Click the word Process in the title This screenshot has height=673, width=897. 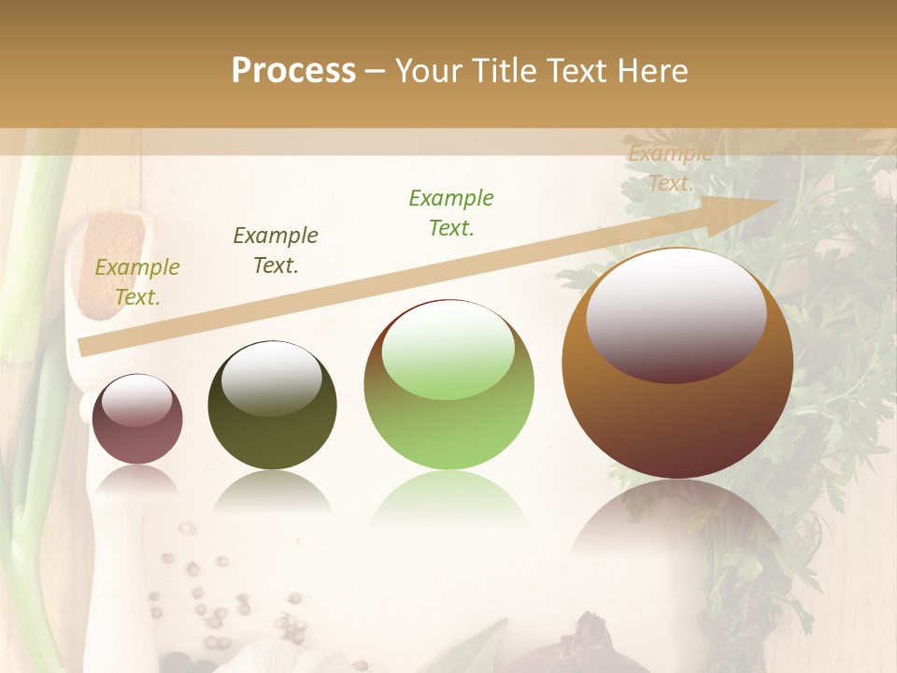293,71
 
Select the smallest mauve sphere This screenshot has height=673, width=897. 137,419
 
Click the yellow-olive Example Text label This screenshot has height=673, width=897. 137,282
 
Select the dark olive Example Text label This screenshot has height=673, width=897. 276,251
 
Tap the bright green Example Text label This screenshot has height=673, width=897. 451,213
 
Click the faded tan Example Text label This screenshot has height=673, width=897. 670,169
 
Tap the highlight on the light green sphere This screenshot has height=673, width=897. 448,348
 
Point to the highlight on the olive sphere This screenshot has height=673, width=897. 272,377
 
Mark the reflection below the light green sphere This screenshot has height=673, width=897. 448,500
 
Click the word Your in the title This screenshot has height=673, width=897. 433,71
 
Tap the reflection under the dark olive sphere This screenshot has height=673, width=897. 272,491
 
